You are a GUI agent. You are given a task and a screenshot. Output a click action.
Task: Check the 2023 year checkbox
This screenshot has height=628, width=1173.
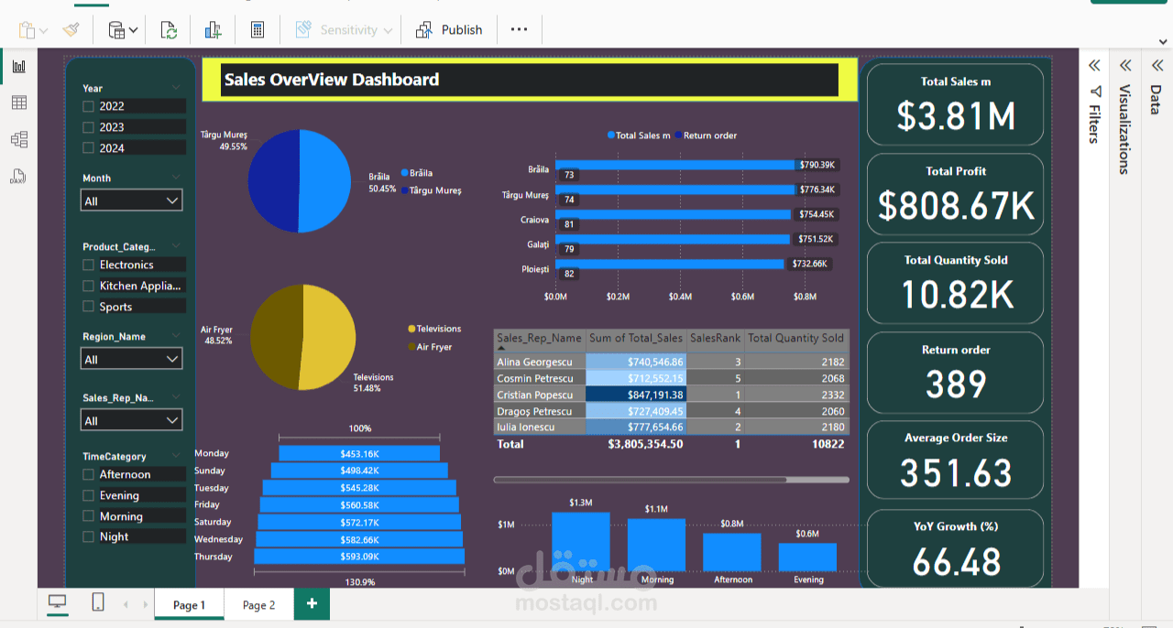(x=89, y=127)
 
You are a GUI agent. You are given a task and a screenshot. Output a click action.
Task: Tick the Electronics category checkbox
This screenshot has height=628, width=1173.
(x=89, y=265)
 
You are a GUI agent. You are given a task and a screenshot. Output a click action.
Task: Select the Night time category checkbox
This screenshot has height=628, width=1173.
(x=89, y=536)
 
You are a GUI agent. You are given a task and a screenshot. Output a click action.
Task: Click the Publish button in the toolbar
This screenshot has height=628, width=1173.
(x=449, y=29)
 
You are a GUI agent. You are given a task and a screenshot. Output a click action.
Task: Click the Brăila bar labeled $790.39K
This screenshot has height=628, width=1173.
(x=678, y=165)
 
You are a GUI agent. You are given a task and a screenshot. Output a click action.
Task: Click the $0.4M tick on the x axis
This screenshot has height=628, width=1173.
(x=680, y=297)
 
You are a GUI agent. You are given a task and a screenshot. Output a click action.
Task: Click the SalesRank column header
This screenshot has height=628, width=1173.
(x=715, y=338)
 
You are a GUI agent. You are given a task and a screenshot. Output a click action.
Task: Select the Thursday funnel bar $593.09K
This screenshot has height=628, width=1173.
(x=359, y=557)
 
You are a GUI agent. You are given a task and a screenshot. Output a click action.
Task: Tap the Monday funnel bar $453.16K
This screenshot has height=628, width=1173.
(x=359, y=453)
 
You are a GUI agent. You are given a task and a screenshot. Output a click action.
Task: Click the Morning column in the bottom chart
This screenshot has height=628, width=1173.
(x=656, y=545)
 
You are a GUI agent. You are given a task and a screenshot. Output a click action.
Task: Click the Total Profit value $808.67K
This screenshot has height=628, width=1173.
(x=956, y=206)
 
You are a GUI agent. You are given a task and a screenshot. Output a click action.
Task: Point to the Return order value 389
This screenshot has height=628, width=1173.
(x=956, y=384)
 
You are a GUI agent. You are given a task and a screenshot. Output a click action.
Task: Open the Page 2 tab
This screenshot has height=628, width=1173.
(x=258, y=604)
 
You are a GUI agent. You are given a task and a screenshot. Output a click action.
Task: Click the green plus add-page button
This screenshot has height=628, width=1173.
(x=312, y=603)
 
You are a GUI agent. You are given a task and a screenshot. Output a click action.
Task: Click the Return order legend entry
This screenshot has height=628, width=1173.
(x=709, y=135)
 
